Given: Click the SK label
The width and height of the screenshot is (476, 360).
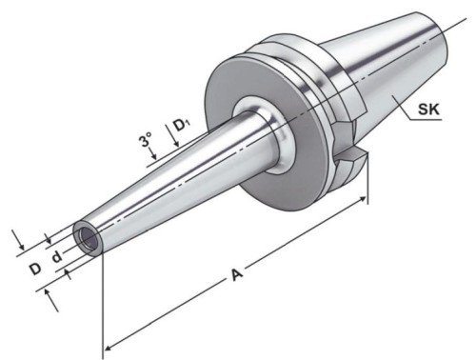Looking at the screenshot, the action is click(x=428, y=109).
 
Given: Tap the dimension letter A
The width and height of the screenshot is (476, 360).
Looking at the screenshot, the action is click(x=237, y=275).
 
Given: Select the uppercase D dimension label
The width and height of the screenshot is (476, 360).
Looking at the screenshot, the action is click(x=36, y=270).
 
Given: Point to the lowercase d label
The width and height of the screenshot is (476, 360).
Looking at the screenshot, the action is click(x=57, y=256).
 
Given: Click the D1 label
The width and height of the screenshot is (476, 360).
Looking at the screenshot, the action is click(x=182, y=126).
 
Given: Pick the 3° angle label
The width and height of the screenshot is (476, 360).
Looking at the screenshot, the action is click(x=146, y=139).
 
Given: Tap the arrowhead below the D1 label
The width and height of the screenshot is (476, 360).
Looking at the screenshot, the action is click(x=177, y=144).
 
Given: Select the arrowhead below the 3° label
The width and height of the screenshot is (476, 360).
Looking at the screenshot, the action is click(x=154, y=156).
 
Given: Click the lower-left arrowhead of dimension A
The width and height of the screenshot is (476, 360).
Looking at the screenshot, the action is click(x=109, y=348).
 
